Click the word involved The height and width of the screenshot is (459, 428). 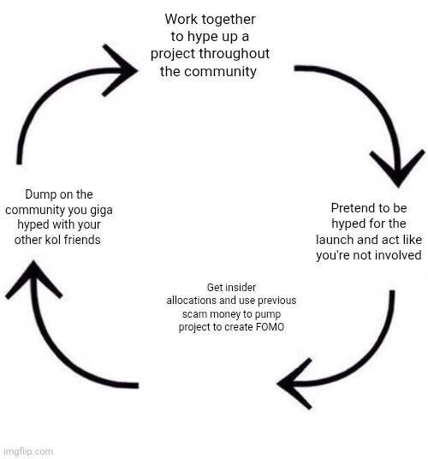(395, 256)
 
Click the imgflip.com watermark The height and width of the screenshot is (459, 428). (27, 451)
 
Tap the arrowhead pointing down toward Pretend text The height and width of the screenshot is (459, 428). (396, 167)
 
